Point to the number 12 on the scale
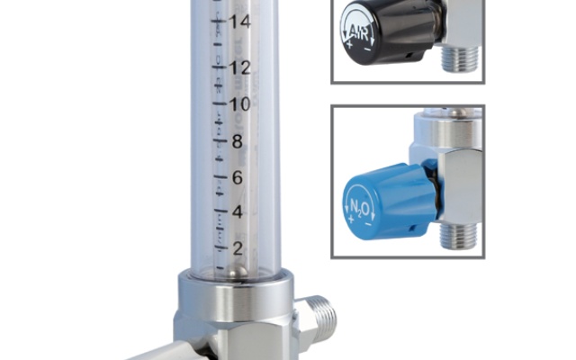(239, 67)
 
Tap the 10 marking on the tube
(239, 103)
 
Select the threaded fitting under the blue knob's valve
(459, 237)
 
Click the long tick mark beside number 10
(219, 103)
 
